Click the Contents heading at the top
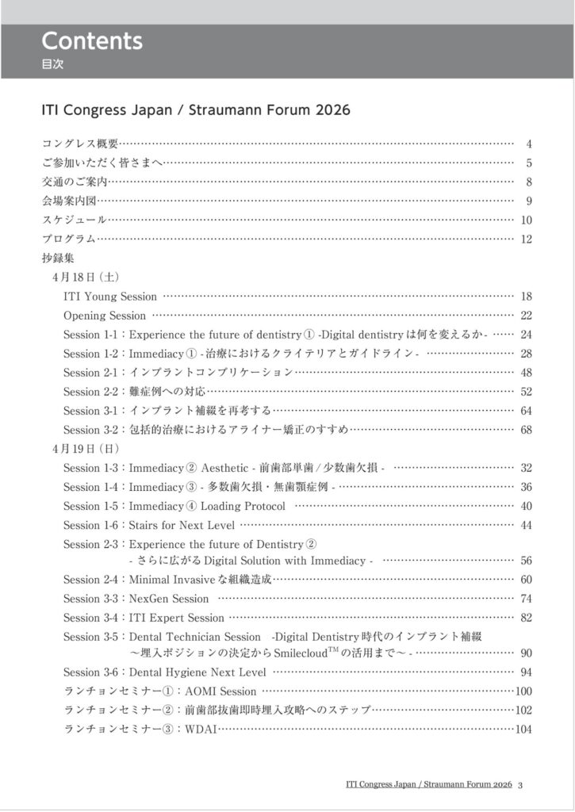[91, 40]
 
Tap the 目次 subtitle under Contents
[52, 65]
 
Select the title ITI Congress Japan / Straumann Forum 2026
[195, 109]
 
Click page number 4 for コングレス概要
[528, 144]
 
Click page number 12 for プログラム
[526, 239]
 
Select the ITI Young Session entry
[110, 297]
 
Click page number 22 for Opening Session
[526, 316]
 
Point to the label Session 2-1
[90, 372]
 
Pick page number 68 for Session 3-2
[526, 430]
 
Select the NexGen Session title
[168, 599]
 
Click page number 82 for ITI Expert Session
[526, 618]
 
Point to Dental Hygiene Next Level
[197, 672]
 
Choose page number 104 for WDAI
[523, 730]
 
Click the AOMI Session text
[220, 691]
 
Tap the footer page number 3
[519, 785]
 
